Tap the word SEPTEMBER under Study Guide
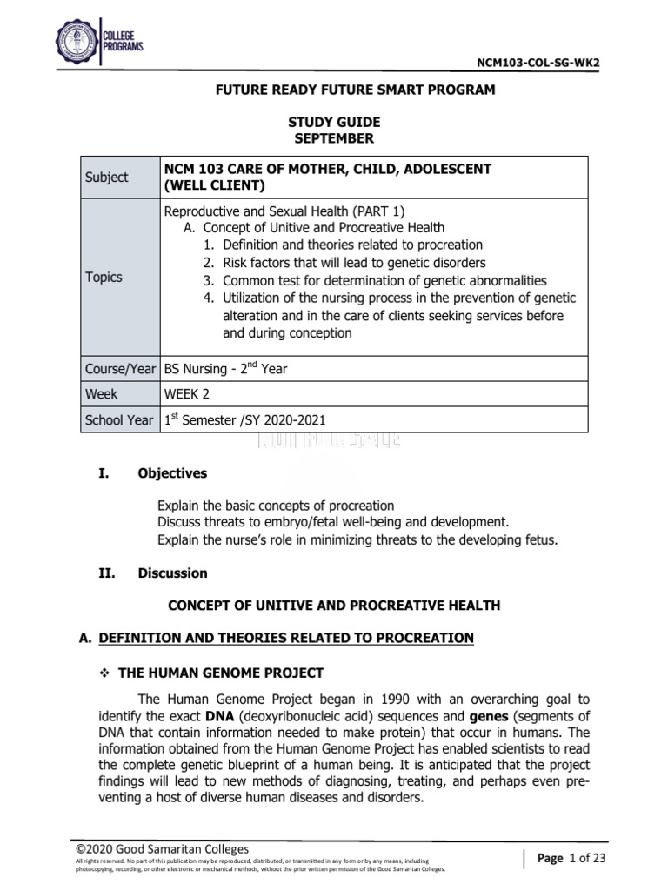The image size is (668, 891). [333, 138]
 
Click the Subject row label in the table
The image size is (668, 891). [106, 177]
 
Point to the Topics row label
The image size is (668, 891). [104, 277]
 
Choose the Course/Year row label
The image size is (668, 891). [119, 368]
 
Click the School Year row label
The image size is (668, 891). [119, 420]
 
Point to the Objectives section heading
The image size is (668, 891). [172, 473]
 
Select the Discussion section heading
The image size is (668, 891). [172, 573]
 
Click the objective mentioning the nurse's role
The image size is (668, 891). [357, 539]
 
